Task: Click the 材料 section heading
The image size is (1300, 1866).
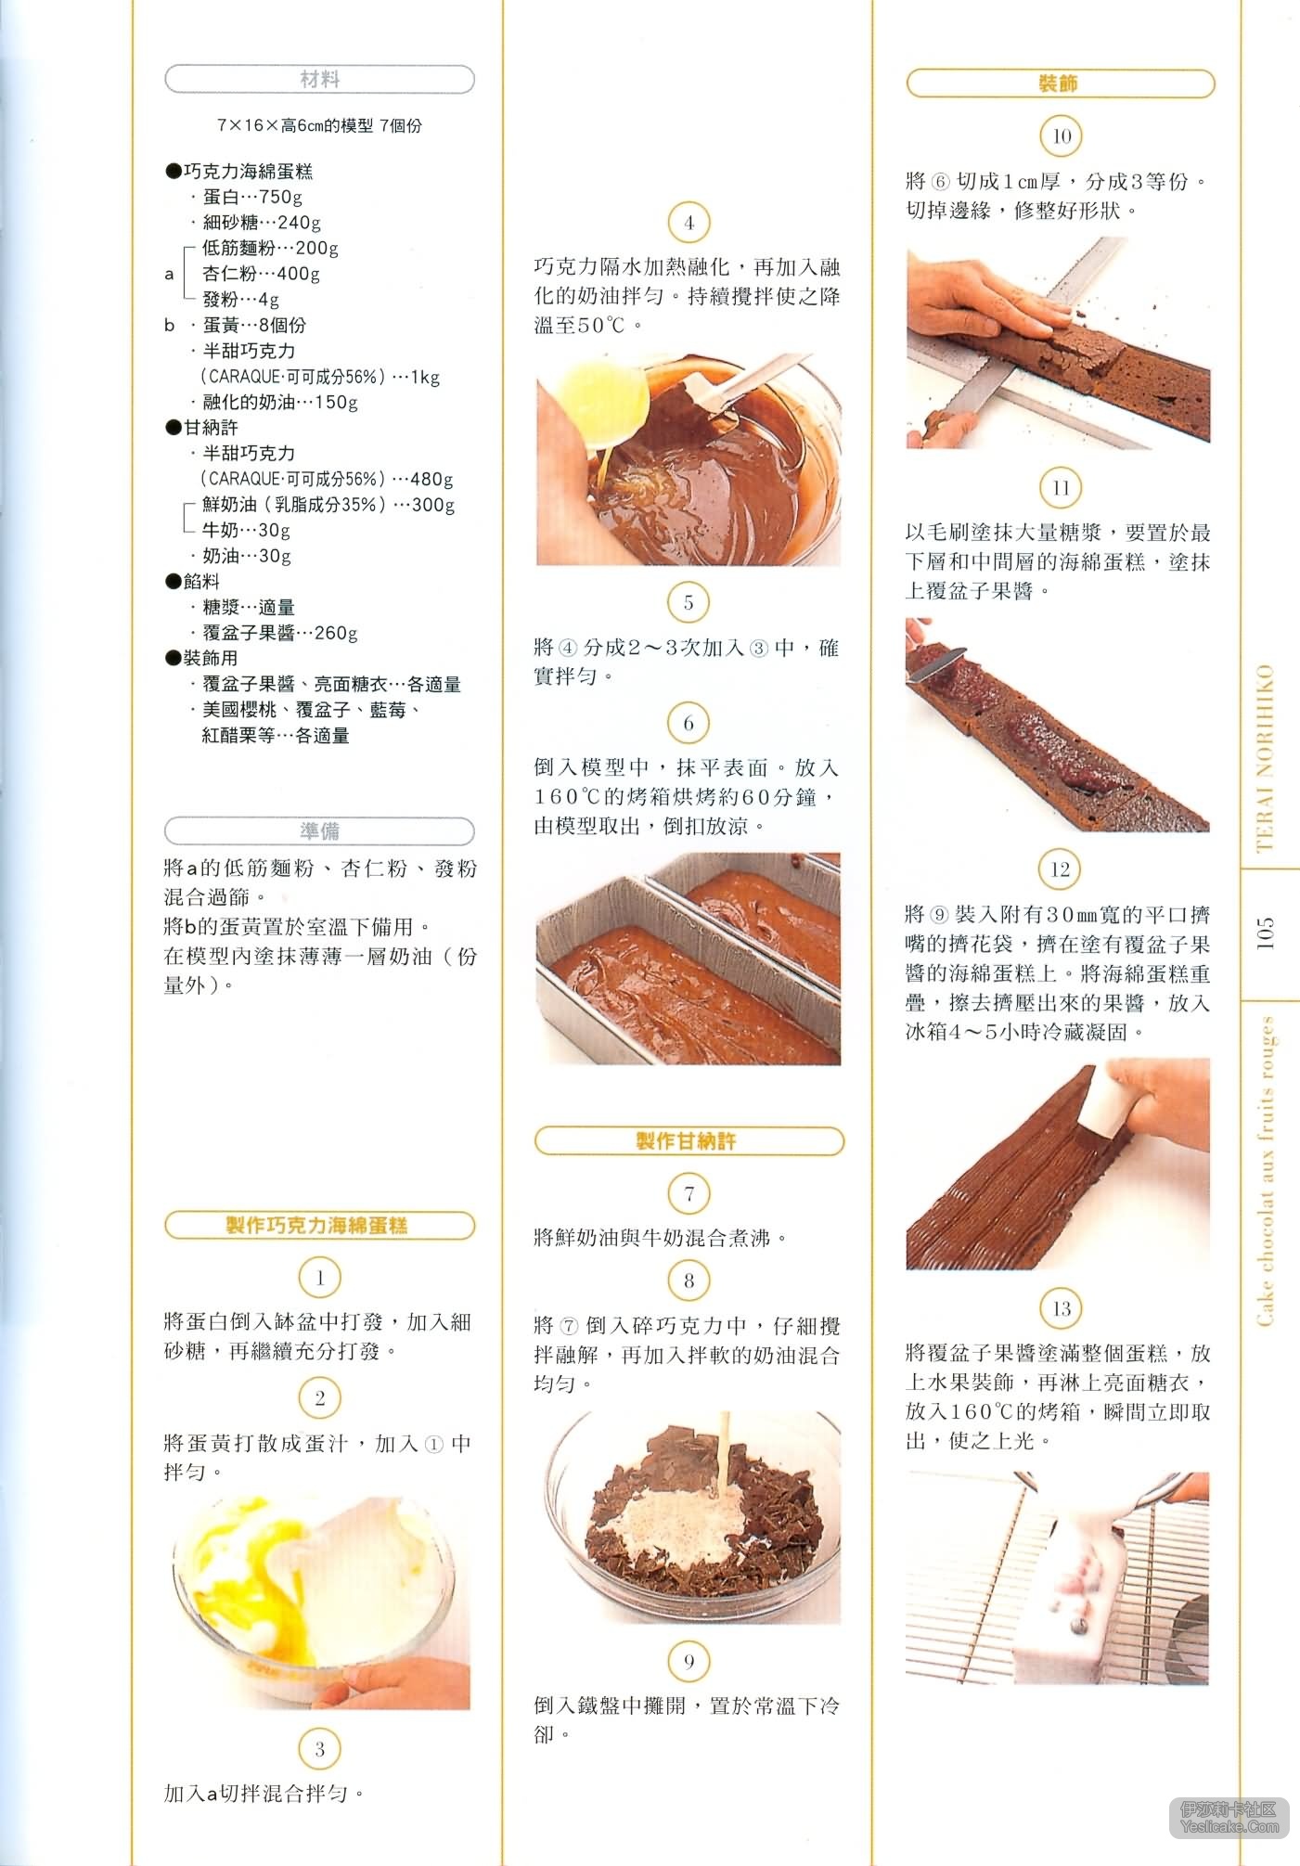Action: tap(320, 80)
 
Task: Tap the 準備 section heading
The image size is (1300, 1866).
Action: tap(320, 830)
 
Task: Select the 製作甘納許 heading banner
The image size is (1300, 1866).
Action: tap(689, 1141)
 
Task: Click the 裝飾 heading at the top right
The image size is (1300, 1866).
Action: tap(1060, 84)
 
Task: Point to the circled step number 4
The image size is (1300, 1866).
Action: tap(689, 223)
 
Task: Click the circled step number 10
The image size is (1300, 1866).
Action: tap(1062, 136)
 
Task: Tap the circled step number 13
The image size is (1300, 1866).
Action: tap(1061, 1308)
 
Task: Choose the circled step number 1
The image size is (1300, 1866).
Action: tap(320, 1278)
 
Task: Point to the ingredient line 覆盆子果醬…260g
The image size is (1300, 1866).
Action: tap(278, 633)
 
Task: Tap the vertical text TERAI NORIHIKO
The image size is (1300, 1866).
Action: tap(1265, 758)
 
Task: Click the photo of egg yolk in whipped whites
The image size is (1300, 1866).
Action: tap(321, 1602)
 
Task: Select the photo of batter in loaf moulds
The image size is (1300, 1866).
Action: tap(689, 959)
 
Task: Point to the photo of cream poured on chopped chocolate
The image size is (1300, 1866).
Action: tap(689, 1518)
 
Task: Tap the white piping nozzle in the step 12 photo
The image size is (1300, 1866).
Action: tap(1107, 1104)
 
